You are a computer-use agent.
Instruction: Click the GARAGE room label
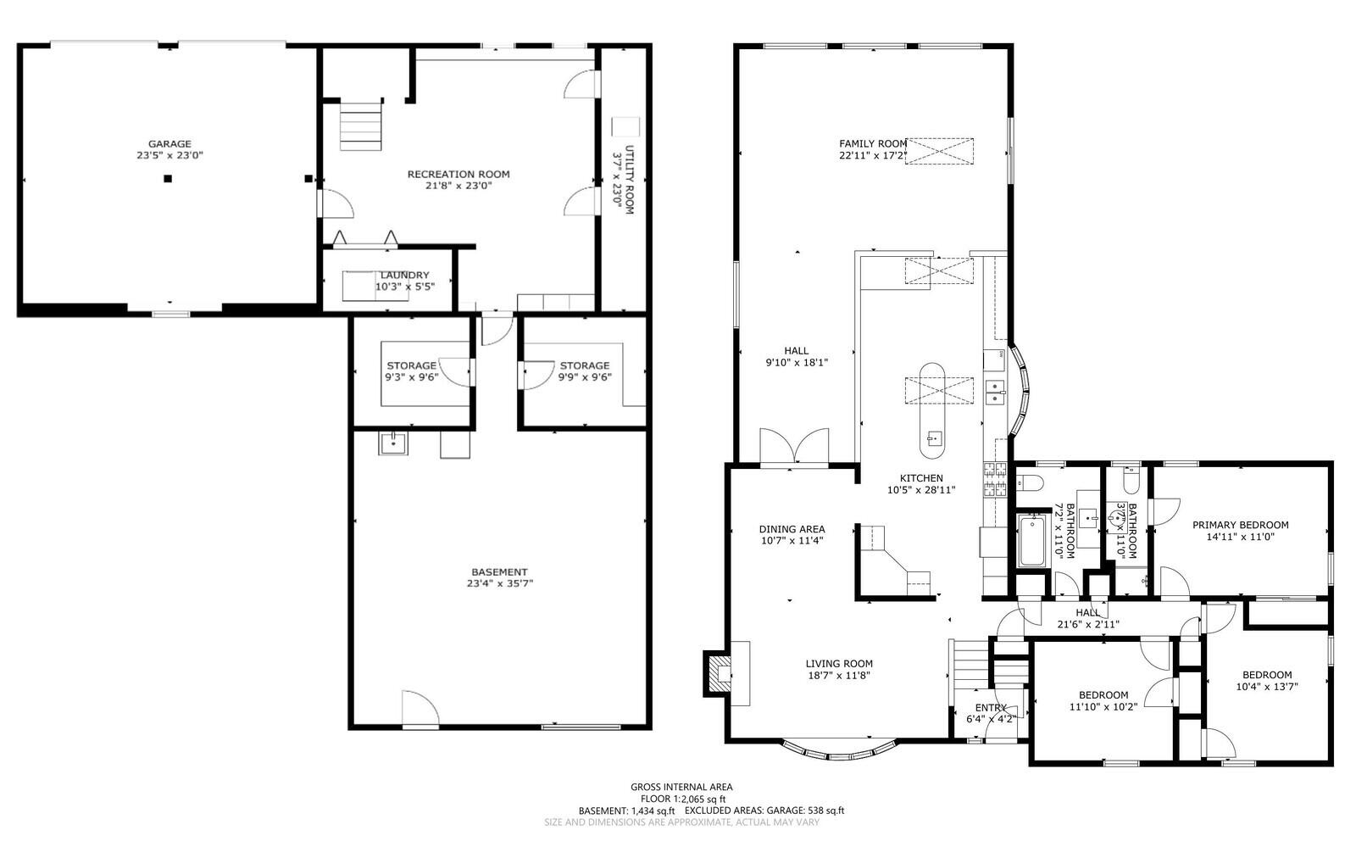point(169,144)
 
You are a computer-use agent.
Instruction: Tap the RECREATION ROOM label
point(458,175)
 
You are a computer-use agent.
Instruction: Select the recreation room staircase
point(361,126)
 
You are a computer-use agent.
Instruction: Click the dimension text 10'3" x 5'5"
point(405,287)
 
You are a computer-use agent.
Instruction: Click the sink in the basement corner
point(393,443)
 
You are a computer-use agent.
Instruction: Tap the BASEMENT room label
point(499,572)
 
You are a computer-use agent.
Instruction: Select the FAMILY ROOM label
point(873,144)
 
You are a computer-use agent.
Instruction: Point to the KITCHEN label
point(921,478)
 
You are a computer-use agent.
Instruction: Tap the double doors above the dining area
point(794,448)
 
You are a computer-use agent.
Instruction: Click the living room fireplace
point(717,673)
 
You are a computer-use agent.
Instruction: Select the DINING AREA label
point(792,529)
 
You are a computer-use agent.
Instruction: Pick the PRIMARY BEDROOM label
point(1241,525)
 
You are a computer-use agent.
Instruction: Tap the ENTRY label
point(991,708)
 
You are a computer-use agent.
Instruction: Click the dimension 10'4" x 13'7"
point(1267,687)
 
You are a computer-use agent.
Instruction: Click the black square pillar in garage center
point(168,179)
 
